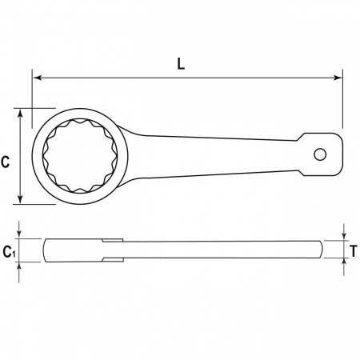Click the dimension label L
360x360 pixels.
point(181,64)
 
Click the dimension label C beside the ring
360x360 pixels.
point(6,162)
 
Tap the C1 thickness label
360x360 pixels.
point(9,252)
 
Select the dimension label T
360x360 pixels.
point(354,251)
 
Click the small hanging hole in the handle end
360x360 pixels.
point(320,154)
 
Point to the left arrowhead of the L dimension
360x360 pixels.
point(37,78)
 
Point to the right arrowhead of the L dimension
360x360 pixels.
point(338,78)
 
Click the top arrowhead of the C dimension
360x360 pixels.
point(20,113)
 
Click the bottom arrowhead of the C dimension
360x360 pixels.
point(20,200)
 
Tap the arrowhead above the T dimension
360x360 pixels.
point(344,236)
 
